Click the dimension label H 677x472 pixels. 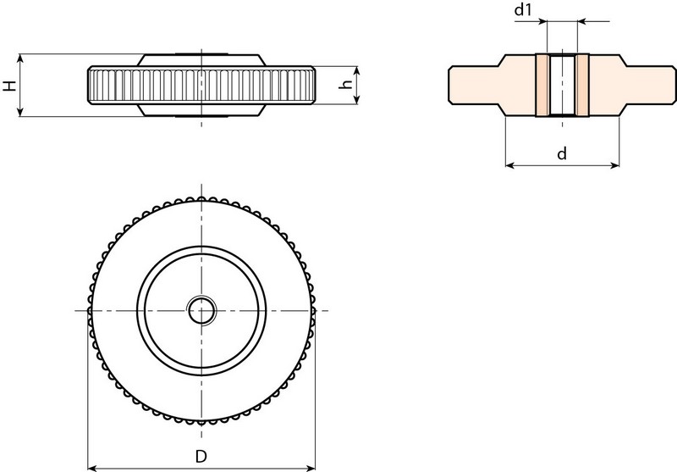click(x=9, y=85)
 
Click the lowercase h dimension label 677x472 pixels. click(x=345, y=85)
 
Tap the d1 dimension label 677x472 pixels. click(x=523, y=9)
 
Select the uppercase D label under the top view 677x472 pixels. click(x=201, y=457)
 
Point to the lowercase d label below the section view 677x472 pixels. click(x=562, y=153)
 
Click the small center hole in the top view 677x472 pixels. click(x=201, y=310)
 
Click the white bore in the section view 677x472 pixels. click(x=562, y=85)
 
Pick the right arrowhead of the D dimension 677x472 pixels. click(x=311, y=468)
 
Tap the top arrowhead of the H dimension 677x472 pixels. click(x=19, y=58)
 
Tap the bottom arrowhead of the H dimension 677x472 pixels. click(x=19, y=113)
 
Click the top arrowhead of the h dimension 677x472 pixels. click(x=356, y=70)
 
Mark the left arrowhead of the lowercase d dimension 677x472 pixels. click(x=509, y=164)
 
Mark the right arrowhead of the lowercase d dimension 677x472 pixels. click(x=615, y=164)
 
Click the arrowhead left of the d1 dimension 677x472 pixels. click(x=542, y=20)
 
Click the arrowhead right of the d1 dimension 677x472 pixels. click(x=581, y=20)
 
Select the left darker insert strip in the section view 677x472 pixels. click(x=542, y=85)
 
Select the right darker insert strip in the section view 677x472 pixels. click(x=582, y=85)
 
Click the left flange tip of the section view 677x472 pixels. click(x=449, y=85)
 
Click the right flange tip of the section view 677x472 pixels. click(x=674, y=85)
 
